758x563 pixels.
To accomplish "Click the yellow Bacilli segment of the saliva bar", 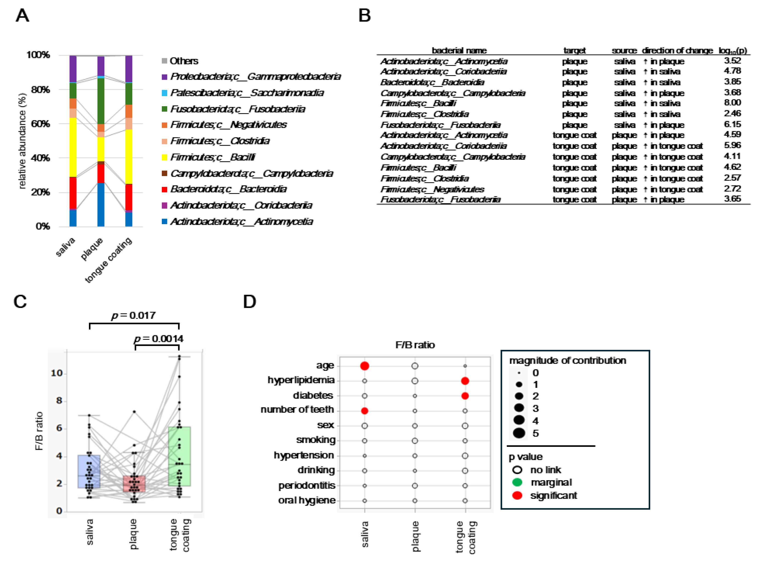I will click(x=73, y=147).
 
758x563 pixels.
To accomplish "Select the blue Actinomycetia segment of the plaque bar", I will click(x=101, y=204).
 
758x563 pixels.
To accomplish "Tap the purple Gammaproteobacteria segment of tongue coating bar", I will click(x=129, y=69).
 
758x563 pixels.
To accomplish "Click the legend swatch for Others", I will click(x=164, y=61).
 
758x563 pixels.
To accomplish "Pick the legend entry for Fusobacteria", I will click(x=237, y=109).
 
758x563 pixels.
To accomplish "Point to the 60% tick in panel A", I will click(x=40, y=124).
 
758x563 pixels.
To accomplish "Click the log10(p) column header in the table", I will click(x=732, y=50).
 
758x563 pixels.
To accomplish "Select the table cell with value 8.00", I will click(x=732, y=103).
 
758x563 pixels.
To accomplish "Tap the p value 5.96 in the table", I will click(x=732, y=146).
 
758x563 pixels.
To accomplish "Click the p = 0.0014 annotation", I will click(x=158, y=339).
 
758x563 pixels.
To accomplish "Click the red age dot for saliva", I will click(x=365, y=366).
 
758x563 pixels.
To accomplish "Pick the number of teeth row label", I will click(x=297, y=410).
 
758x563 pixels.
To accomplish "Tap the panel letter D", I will click(x=249, y=302).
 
